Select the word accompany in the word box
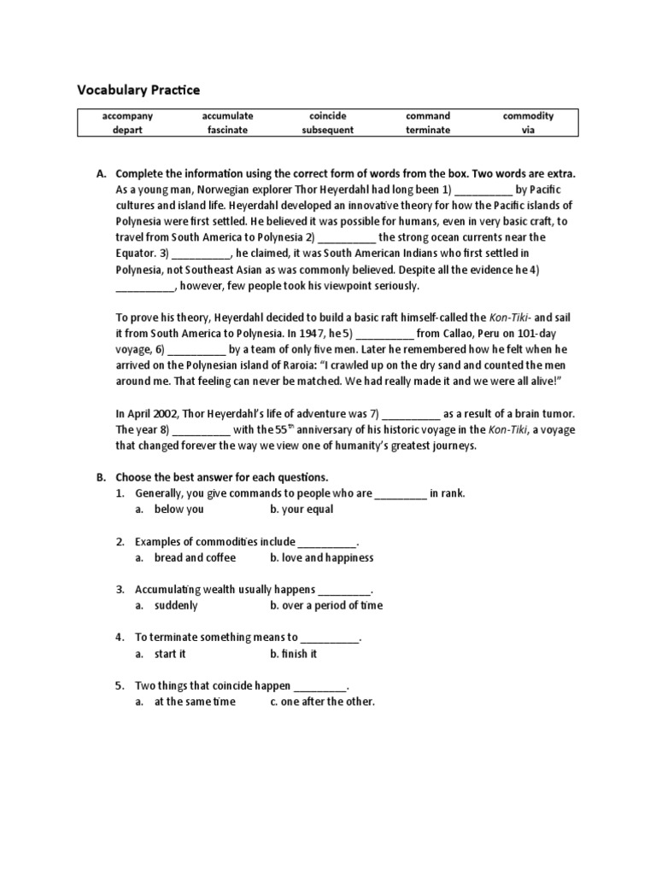127,115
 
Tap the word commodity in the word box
528,115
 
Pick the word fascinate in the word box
227,130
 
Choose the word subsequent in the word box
327,130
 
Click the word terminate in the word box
428,130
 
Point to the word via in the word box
528,130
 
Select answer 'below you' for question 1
179,510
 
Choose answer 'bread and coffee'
194,557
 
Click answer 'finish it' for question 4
299,654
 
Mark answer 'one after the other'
328,702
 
